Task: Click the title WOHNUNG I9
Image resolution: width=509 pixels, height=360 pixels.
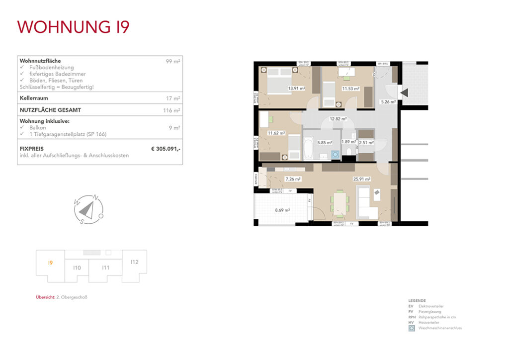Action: [74, 27]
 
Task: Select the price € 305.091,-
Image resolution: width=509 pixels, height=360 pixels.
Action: [166, 148]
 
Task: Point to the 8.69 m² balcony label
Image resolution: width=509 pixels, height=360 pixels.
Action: [282, 210]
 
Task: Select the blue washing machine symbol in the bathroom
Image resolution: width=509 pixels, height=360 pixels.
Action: [335, 155]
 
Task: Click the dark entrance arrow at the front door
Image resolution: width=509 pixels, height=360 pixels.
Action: [404, 92]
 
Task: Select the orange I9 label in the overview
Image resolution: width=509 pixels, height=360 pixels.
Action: [50, 263]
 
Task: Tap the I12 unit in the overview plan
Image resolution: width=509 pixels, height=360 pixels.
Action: [134, 262]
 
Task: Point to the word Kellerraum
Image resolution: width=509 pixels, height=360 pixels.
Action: [34, 98]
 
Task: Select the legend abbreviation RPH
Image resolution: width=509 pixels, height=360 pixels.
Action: [411, 317]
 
